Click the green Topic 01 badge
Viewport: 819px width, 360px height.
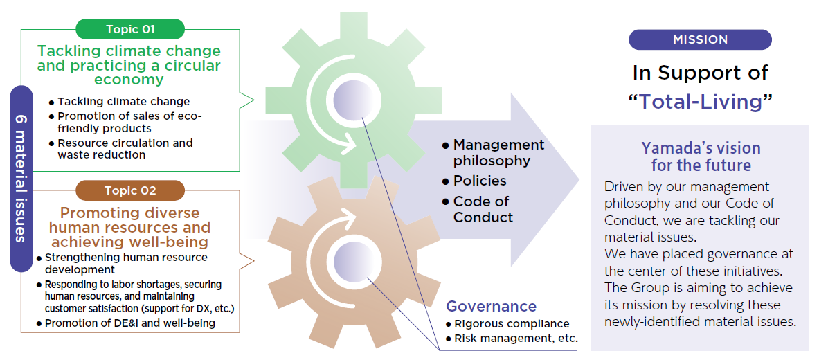coord(130,29)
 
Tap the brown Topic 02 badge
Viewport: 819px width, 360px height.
coord(130,190)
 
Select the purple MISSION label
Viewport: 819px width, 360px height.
coord(700,39)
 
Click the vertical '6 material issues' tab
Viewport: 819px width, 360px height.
coord(21,178)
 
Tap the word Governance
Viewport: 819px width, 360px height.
coord(491,306)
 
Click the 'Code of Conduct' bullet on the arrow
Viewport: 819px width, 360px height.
coord(483,209)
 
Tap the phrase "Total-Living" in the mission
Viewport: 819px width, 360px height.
coord(700,102)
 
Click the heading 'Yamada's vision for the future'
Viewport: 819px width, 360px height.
coord(701,156)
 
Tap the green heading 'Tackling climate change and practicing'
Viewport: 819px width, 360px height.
coord(129,65)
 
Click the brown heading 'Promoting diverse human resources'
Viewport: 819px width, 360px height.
coord(130,226)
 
